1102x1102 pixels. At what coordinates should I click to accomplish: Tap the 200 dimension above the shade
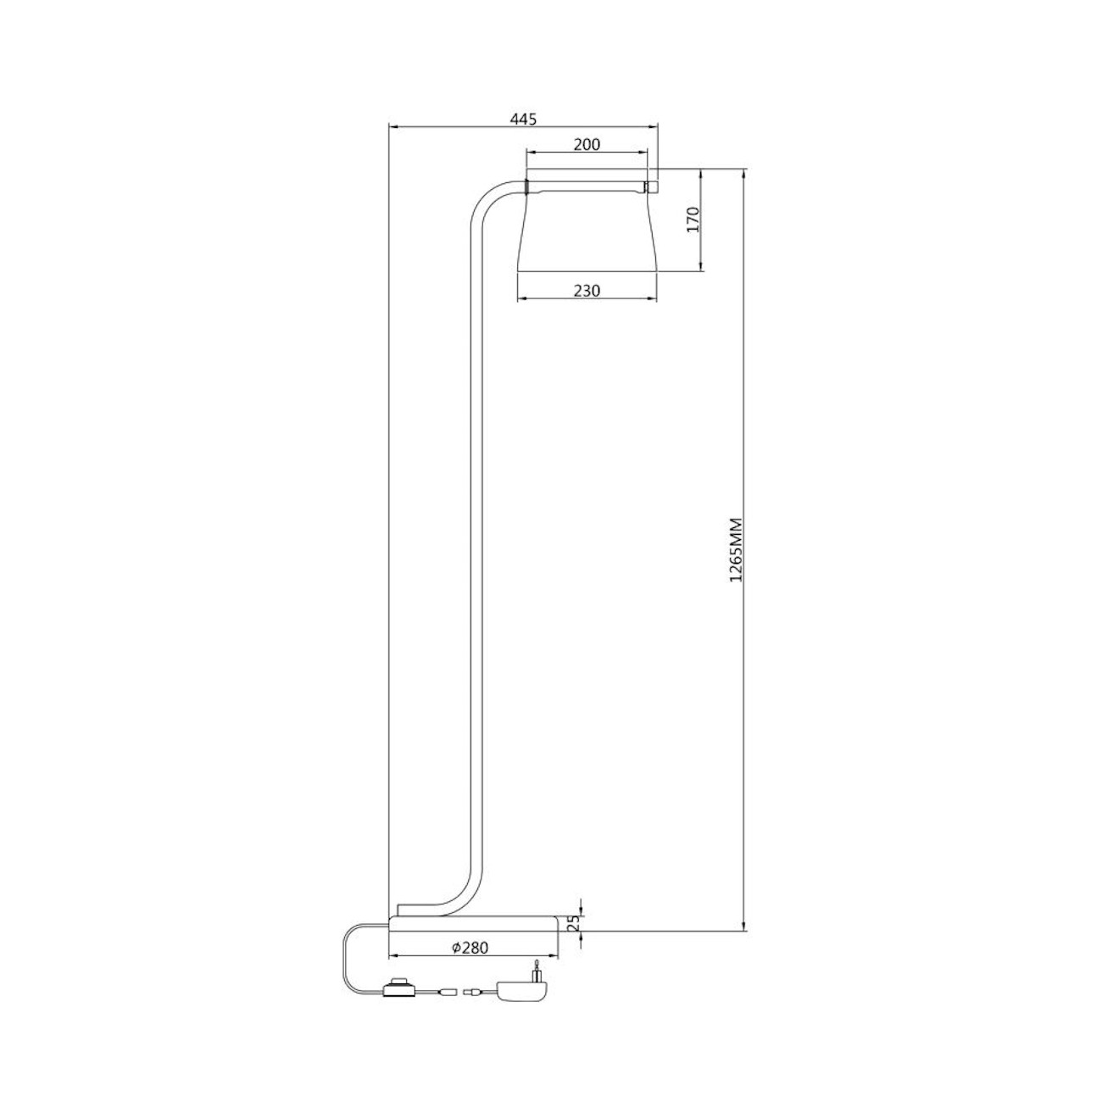[x=587, y=145]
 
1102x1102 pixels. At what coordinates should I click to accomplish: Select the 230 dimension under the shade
[x=587, y=291]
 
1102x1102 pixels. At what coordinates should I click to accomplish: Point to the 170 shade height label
[x=693, y=219]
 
